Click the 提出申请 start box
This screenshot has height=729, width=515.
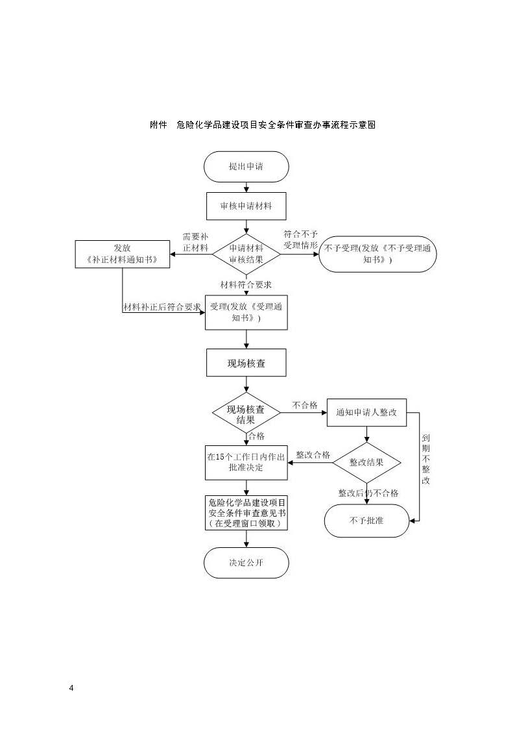coord(246,166)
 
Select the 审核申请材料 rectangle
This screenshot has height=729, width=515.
coord(246,206)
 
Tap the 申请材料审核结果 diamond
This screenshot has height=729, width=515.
coord(246,254)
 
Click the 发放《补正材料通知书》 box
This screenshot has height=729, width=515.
coord(123,254)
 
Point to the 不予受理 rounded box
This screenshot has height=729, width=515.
coord(377,254)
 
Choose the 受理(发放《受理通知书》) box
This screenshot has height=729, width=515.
coord(246,312)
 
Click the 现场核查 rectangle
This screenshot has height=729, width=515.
coord(246,363)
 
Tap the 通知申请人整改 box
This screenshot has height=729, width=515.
coord(367,412)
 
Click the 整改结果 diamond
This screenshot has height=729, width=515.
coord(367,463)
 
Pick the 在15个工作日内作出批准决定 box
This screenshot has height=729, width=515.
coord(246,463)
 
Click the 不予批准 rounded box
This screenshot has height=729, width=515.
coord(367,521)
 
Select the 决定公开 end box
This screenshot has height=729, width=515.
coord(246,563)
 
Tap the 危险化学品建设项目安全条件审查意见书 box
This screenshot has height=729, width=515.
coord(246,513)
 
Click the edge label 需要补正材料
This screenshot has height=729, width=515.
coord(195,242)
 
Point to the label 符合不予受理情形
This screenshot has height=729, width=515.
coord(301,240)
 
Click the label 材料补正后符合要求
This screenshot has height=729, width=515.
coord(162,307)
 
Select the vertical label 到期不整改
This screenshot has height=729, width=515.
coord(426,460)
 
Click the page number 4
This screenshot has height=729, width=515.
coord(71,688)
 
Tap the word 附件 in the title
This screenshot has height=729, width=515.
coord(158,125)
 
